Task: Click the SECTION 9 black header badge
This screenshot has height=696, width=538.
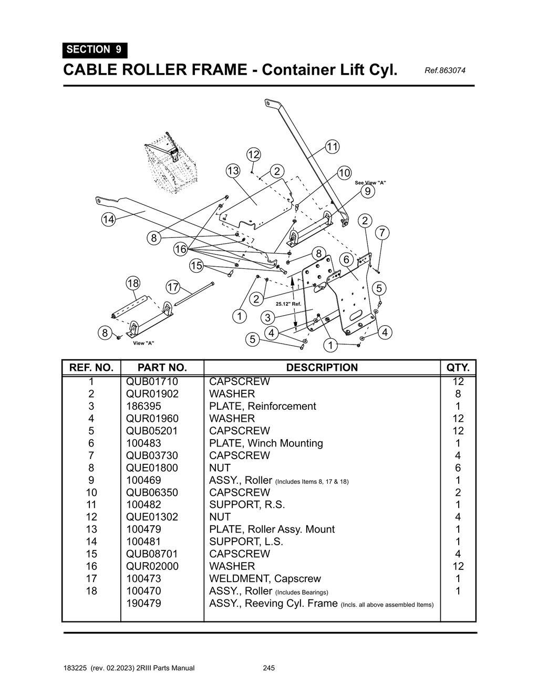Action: (x=95, y=50)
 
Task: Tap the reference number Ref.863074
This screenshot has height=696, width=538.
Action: (x=441, y=70)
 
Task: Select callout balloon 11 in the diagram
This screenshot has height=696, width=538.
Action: (x=332, y=147)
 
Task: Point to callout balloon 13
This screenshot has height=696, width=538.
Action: (x=233, y=171)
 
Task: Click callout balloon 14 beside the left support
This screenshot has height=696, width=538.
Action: (x=108, y=220)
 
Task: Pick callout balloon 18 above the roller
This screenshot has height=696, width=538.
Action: (x=133, y=283)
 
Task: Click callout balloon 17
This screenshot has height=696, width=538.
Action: (x=173, y=287)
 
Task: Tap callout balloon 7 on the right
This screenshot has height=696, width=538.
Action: (x=382, y=233)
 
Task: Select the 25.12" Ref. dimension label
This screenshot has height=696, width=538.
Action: (x=288, y=304)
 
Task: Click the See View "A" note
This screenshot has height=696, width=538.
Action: (x=370, y=183)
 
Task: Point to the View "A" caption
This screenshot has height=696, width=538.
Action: (x=143, y=343)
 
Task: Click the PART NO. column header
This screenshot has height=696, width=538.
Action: (x=162, y=367)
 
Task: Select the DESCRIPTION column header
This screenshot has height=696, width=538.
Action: (x=322, y=367)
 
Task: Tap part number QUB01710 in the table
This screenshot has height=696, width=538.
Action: (x=152, y=382)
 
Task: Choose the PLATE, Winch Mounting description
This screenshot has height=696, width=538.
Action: (x=266, y=443)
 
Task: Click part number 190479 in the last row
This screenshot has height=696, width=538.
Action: (x=143, y=603)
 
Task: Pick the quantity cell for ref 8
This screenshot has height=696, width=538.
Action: (x=458, y=468)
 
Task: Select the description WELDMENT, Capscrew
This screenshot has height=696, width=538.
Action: (x=265, y=578)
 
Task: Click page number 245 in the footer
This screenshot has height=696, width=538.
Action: (x=268, y=668)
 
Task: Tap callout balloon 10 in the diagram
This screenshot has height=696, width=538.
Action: (x=344, y=173)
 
